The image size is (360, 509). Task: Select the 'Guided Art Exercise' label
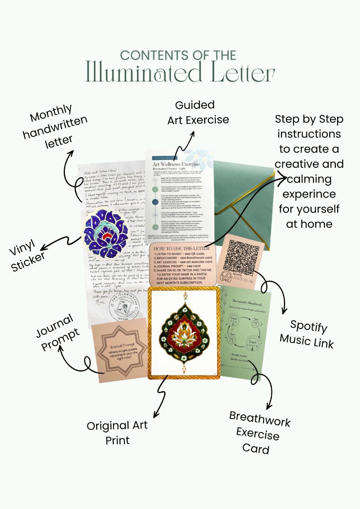click(x=198, y=112)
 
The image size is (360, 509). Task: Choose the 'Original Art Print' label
click(x=117, y=432)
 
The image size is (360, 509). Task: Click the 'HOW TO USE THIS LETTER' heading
click(x=182, y=248)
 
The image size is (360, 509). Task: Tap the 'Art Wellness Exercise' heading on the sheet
click(x=176, y=164)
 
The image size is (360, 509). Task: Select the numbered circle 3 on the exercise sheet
click(x=155, y=202)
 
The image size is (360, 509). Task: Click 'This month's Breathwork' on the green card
click(x=247, y=301)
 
